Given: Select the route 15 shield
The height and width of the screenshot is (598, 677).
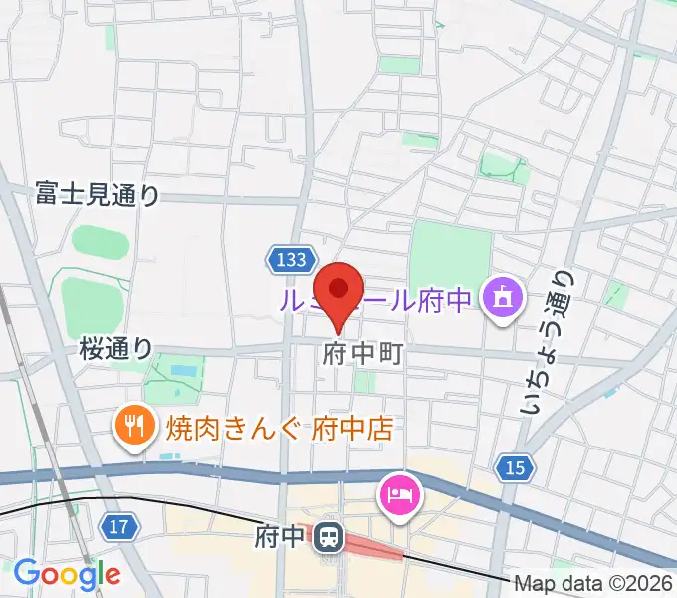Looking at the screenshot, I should (x=514, y=467).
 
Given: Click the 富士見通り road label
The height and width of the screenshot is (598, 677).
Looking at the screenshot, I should (x=97, y=192).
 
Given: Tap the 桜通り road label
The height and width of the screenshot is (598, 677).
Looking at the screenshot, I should (x=116, y=348).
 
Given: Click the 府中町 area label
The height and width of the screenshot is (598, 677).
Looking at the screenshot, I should (x=362, y=354).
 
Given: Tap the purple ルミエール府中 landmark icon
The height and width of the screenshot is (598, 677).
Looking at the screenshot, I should (x=499, y=297).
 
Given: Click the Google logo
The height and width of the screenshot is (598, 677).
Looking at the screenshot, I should (x=67, y=573).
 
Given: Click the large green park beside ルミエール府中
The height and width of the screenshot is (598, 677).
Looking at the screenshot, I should (x=450, y=254).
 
